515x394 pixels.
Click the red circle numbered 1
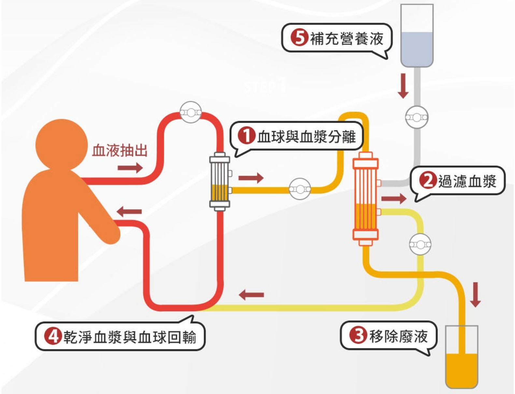click(247, 136)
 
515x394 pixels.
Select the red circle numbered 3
click(358, 335)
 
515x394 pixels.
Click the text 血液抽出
click(120, 151)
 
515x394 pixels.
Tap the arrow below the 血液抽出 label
click(130, 168)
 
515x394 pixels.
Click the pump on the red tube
click(191, 113)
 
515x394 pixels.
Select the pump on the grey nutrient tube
click(417, 117)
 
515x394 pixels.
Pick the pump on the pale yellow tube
click(420, 244)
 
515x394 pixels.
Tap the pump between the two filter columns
click(300, 189)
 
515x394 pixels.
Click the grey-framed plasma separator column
click(220, 181)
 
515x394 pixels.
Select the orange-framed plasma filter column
click(365, 199)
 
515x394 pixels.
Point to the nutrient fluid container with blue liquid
click(417, 36)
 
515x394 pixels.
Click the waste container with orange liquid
click(461, 357)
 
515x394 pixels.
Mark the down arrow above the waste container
click(476, 295)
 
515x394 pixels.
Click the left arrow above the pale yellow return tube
click(251, 295)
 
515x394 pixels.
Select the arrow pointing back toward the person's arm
click(129, 211)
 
